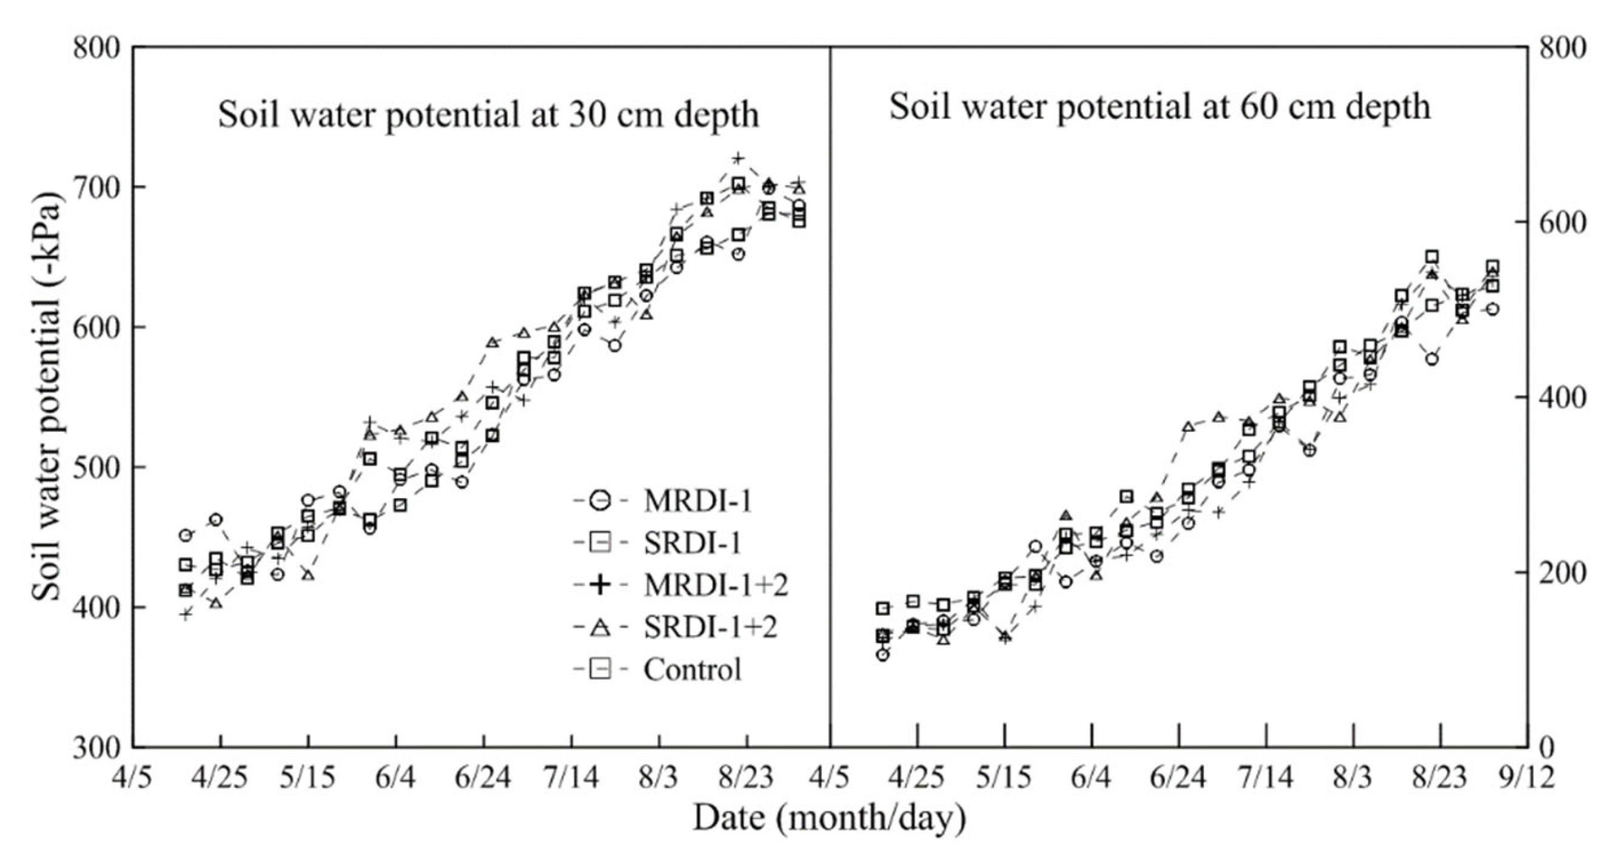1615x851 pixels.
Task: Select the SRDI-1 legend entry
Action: (x=692, y=543)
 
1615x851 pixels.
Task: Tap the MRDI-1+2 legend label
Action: (x=716, y=585)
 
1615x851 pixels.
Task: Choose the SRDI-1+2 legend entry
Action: (x=710, y=627)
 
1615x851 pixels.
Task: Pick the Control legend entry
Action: (x=691, y=669)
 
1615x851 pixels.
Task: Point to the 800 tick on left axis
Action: (x=96, y=48)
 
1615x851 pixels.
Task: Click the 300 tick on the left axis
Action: (x=96, y=748)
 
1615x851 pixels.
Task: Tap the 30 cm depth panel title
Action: (x=488, y=115)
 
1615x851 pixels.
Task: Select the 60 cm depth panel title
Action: (x=1159, y=107)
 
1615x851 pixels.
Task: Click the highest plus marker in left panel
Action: (x=738, y=158)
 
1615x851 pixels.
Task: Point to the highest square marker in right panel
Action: (x=1432, y=257)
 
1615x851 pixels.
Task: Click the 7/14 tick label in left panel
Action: (x=571, y=778)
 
